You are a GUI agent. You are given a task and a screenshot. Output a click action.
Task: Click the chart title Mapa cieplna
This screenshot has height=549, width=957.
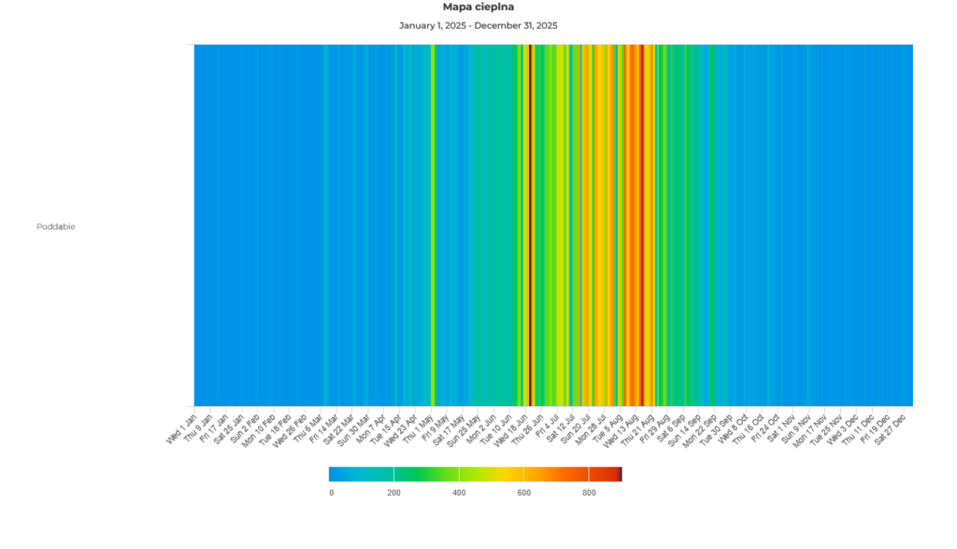click(x=478, y=7)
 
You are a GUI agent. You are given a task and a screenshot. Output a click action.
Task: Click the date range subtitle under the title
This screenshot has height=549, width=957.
click(x=478, y=25)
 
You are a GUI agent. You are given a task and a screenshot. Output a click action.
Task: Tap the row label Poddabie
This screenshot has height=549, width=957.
click(x=56, y=226)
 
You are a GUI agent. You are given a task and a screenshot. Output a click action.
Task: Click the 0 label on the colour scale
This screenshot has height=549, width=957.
click(x=331, y=493)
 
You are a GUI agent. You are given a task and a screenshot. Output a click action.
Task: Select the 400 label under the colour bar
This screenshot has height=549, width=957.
click(x=459, y=493)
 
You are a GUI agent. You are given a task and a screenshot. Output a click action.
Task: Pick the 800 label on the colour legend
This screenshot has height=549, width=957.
click(x=589, y=493)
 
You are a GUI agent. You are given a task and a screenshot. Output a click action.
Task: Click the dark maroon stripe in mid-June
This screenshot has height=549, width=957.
click(x=531, y=224)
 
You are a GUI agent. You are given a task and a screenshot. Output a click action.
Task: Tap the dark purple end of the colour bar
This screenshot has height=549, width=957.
click(x=621, y=473)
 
